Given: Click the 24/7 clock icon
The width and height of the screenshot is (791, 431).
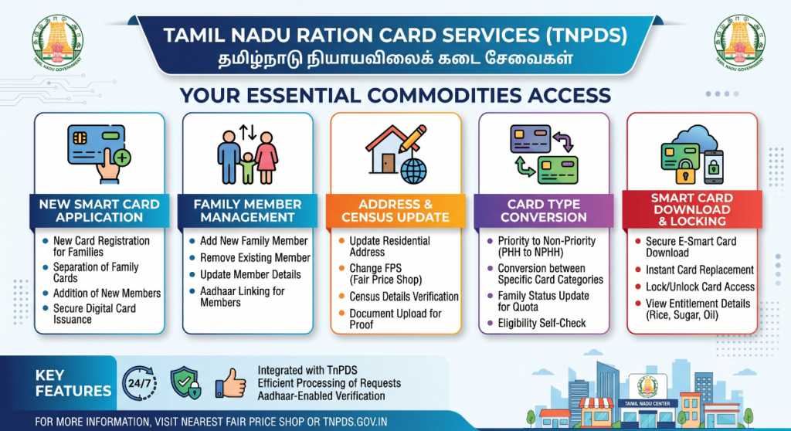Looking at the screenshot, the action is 139,383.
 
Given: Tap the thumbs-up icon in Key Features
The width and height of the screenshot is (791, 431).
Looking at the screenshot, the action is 230,383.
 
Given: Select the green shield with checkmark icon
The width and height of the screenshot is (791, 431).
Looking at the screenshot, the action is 185,383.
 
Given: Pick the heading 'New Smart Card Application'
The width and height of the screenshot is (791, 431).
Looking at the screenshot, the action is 100,210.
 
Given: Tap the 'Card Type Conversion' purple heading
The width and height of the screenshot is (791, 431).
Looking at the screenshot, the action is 544,210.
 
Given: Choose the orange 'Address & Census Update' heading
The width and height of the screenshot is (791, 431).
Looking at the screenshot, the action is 395,210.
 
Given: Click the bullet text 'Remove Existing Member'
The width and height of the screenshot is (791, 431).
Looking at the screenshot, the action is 255,258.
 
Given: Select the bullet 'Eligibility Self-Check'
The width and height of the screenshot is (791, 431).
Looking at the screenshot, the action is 541,323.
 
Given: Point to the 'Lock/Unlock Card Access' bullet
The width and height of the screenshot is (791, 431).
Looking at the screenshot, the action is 700,287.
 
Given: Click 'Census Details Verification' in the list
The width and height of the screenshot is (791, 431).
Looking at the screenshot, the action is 404,297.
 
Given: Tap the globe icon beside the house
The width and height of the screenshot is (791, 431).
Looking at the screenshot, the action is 414,171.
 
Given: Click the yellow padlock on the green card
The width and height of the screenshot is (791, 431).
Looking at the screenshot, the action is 685,171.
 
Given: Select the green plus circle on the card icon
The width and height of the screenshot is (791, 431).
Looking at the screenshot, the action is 122,158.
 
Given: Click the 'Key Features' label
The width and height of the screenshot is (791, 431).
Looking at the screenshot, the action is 73,383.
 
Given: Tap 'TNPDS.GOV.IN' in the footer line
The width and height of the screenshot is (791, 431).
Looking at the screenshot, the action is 355,422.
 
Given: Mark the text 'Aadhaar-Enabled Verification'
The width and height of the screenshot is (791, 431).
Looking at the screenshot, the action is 321,396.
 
